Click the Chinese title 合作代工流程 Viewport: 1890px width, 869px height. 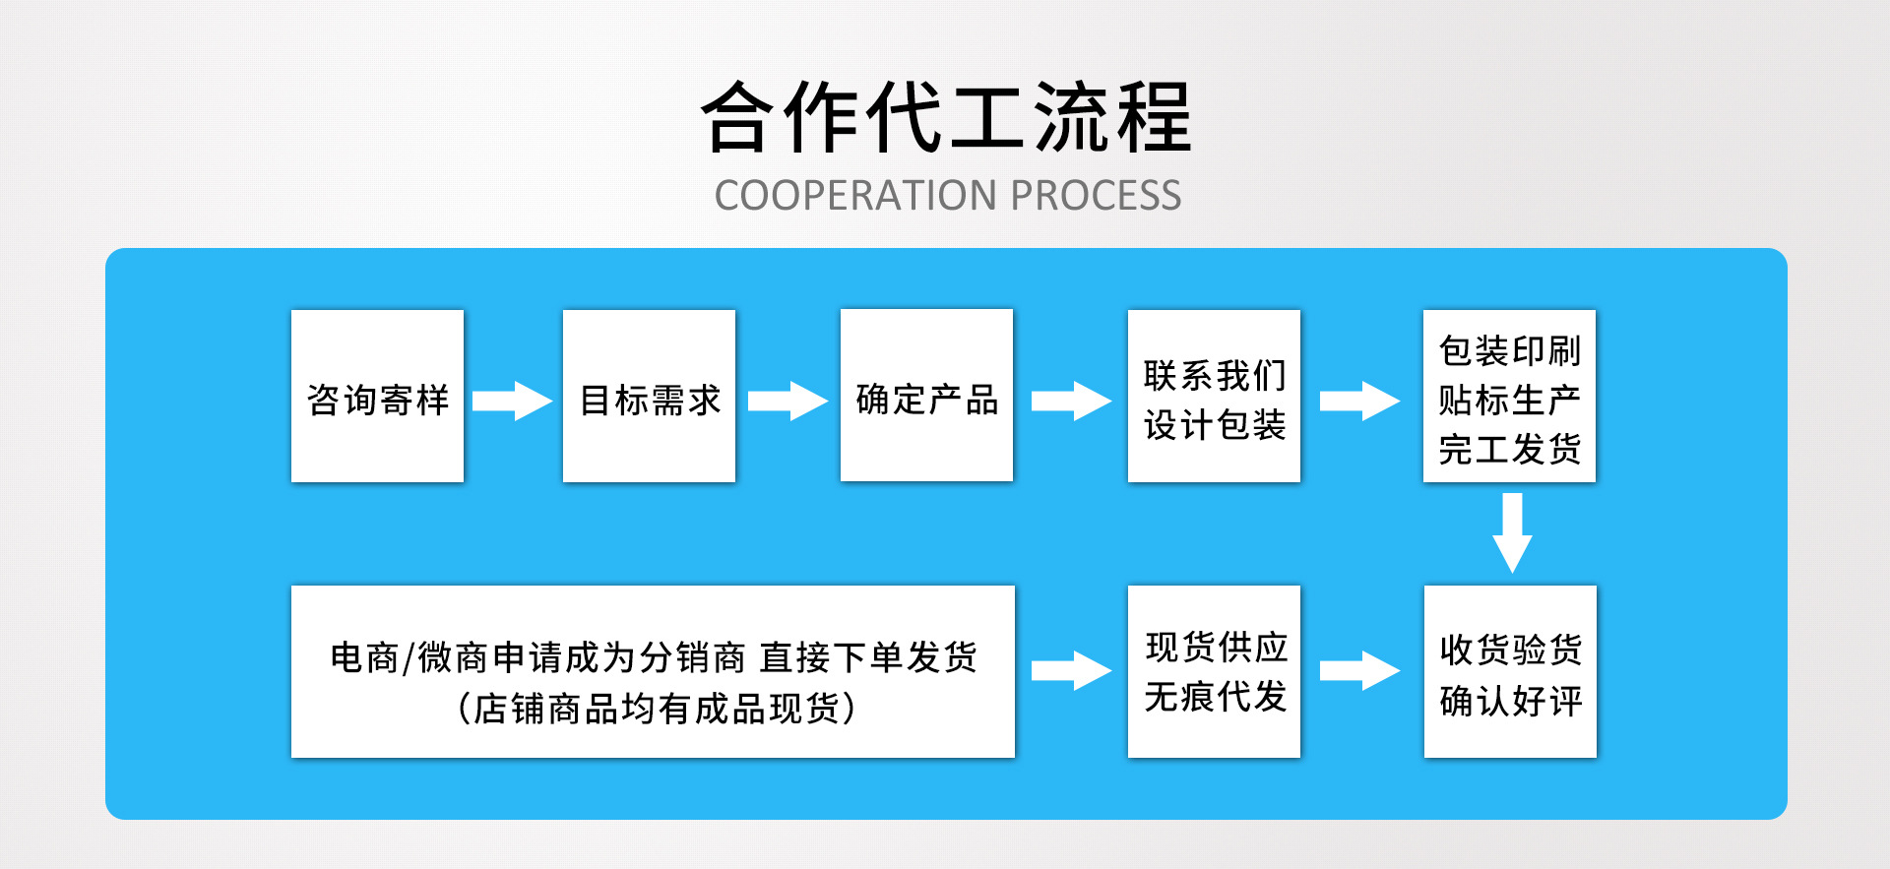pos(946,117)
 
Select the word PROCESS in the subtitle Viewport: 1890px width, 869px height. pos(1096,196)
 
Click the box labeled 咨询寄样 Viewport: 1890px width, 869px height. pos(377,397)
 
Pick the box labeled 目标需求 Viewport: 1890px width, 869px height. pos(649,397)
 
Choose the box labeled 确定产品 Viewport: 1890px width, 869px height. pos(926,396)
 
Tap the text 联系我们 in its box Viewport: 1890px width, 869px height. pos(1215,375)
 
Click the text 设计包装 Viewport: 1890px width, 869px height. pos(1215,425)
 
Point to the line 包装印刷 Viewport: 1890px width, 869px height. pos(1509,350)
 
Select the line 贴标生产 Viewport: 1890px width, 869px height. pos(1509,401)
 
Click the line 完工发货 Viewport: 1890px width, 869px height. pos(1509,450)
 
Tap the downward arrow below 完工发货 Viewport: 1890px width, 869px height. pos(1512,532)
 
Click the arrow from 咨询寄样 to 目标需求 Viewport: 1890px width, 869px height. pos(512,401)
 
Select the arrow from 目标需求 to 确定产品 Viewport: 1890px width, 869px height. pos(787,401)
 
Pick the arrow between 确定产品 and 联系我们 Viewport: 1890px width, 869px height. pos(1071,401)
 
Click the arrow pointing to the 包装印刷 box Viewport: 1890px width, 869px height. pos(1359,401)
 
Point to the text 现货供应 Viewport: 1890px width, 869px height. pos(1217,647)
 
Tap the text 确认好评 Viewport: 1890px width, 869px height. pos(1511,701)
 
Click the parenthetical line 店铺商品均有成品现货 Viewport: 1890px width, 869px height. pos(656,709)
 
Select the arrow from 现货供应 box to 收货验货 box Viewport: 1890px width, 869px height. pos(1359,670)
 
